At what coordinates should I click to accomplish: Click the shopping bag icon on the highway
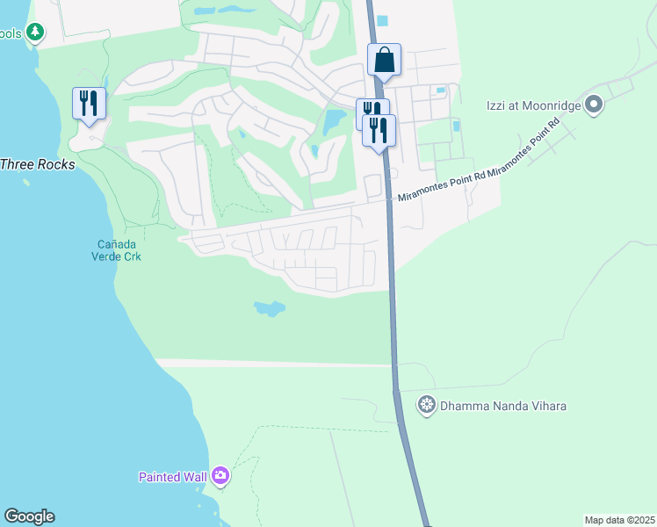click(x=384, y=60)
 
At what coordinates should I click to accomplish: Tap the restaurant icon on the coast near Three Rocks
click(x=89, y=104)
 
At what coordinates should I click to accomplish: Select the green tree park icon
click(x=34, y=32)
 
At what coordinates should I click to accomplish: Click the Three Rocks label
click(x=37, y=164)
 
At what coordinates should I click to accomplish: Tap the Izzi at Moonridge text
click(x=533, y=105)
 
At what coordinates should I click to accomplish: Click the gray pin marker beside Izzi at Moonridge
click(x=594, y=105)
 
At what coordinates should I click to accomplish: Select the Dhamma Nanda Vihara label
click(x=503, y=406)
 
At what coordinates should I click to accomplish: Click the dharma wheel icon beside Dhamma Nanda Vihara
click(x=427, y=405)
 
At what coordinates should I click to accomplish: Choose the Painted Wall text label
click(x=172, y=477)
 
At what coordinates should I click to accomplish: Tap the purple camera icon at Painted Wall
click(x=220, y=476)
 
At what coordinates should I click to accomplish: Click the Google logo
click(x=29, y=516)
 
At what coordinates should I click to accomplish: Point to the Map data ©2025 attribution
click(x=619, y=520)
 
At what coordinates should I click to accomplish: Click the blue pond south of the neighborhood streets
click(x=270, y=308)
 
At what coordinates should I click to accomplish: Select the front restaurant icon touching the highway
click(x=379, y=131)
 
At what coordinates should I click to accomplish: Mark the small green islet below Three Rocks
click(x=26, y=184)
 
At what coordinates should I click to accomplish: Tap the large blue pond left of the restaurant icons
click(x=334, y=121)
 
